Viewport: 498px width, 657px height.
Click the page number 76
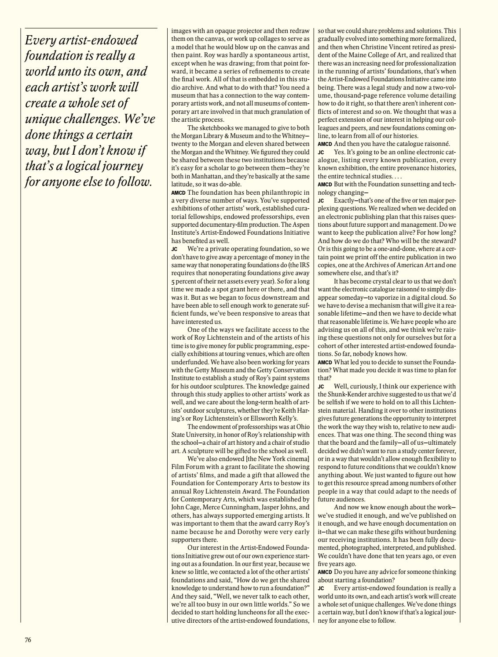pos(28,640)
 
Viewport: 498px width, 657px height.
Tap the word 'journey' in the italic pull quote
pos(121,166)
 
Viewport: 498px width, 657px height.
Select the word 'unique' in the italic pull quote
pos(43,119)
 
